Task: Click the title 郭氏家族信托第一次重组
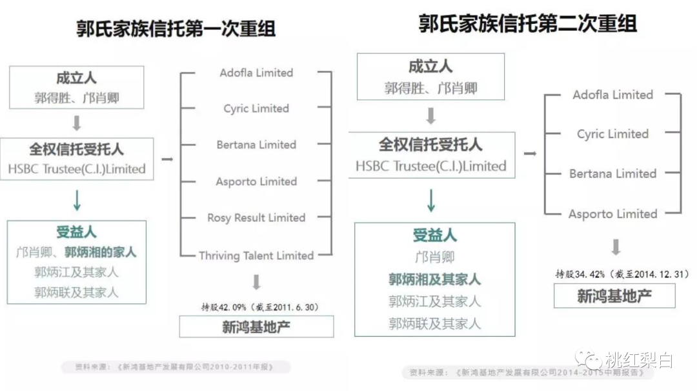[x=176, y=29]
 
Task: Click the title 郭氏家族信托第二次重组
[x=528, y=24]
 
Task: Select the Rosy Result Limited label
[x=256, y=218]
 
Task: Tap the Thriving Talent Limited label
[x=256, y=256]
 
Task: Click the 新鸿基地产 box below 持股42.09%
[x=256, y=326]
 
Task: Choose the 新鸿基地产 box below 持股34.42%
[x=614, y=296]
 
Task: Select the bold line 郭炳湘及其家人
[x=434, y=279]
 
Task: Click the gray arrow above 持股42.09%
[x=256, y=282]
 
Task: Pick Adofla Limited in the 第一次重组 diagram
[x=256, y=73]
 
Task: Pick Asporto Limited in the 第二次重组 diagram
[x=613, y=214]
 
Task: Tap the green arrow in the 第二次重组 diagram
[x=431, y=201]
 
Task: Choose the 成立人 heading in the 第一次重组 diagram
[x=76, y=78]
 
